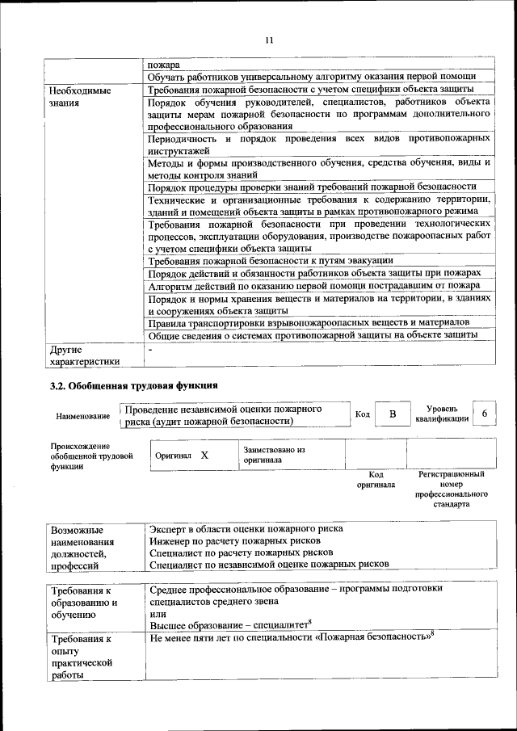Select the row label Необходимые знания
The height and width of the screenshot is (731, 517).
(x=80, y=98)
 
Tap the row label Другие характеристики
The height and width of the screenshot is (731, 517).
(x=84, y=356)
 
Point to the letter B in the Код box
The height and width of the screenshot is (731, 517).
(x=393, y=414)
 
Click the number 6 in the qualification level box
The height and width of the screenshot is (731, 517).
(x=485, y=414)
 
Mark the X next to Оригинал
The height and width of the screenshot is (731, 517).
(x=204, y=455)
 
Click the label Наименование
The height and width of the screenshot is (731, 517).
(x=83, y=416)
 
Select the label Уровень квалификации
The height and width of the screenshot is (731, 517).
(x=442, y=414)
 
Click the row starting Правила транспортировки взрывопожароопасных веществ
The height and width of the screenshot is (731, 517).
(x=310, y=322)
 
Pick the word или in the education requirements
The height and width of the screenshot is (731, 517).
(x=158, y=615)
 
